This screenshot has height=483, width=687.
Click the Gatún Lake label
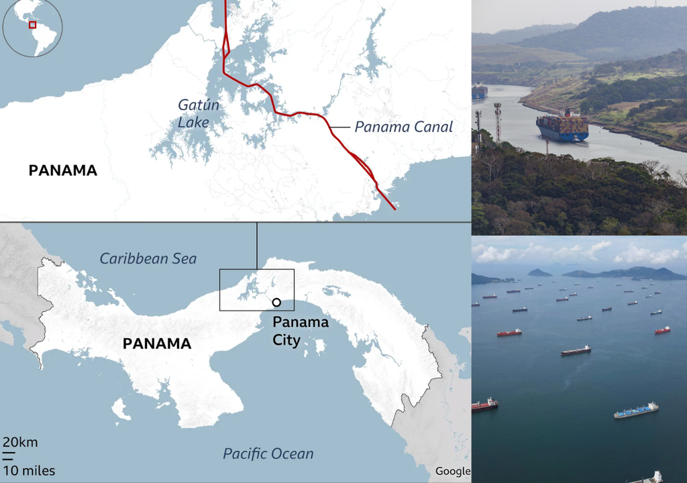tap(194, 113)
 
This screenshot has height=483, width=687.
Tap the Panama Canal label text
tap(403, 126)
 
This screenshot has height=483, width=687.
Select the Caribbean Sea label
tap(148, 258)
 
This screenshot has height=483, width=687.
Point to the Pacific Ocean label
tap(268, 453)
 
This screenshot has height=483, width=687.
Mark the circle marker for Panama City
tap(276, 303)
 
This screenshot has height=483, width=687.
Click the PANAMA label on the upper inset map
tap(63, 170)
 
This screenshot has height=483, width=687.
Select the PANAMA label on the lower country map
tap(157, 344)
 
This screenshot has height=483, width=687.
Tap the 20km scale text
tap(20, 442)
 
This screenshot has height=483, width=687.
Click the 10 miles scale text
tap(29, 470)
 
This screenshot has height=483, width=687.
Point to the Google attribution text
tap(452, 471)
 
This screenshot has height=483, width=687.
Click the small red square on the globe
tap(32, 25)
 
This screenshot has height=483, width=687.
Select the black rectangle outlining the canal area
tap(257, 270)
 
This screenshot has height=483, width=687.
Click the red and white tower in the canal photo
tap(497, 121)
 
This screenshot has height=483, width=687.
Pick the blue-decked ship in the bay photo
tap(636, 410)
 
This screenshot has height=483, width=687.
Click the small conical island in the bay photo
tap(539, 272)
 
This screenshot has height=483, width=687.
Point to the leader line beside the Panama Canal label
tap(340, 126)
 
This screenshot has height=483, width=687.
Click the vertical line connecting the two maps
tap(257, 246)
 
